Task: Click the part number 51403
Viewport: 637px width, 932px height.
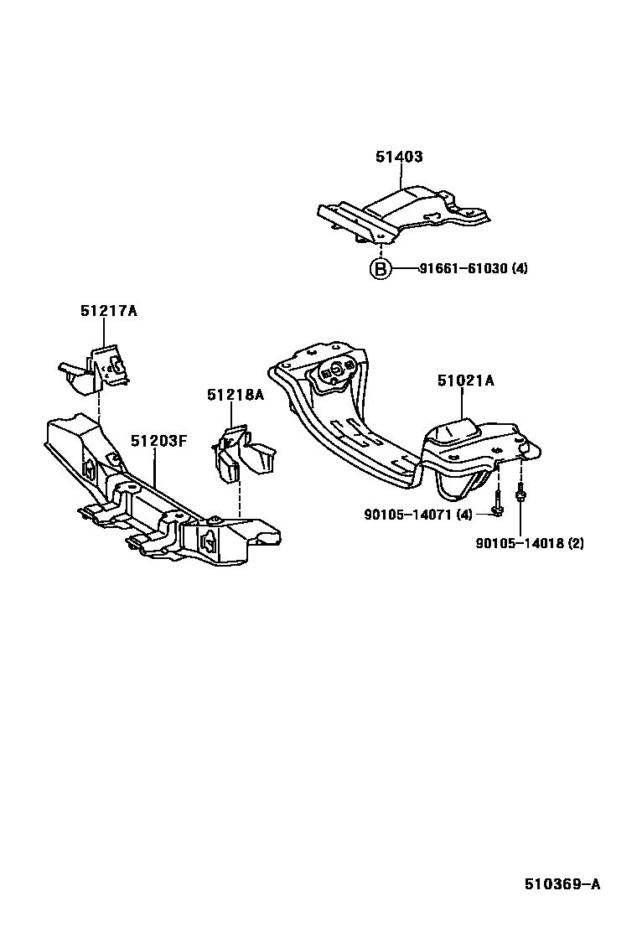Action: tap(399, 157)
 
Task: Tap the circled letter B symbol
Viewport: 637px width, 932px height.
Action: tap(381, 269)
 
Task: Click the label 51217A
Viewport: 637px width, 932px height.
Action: tap(108, 310)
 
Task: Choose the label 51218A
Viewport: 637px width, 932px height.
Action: tap(236, 395)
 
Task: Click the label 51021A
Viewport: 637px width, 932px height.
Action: tap(465, 381)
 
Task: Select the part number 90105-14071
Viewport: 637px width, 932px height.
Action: tap(406, 514)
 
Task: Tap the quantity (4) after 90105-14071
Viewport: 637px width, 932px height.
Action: tap(464, 514)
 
